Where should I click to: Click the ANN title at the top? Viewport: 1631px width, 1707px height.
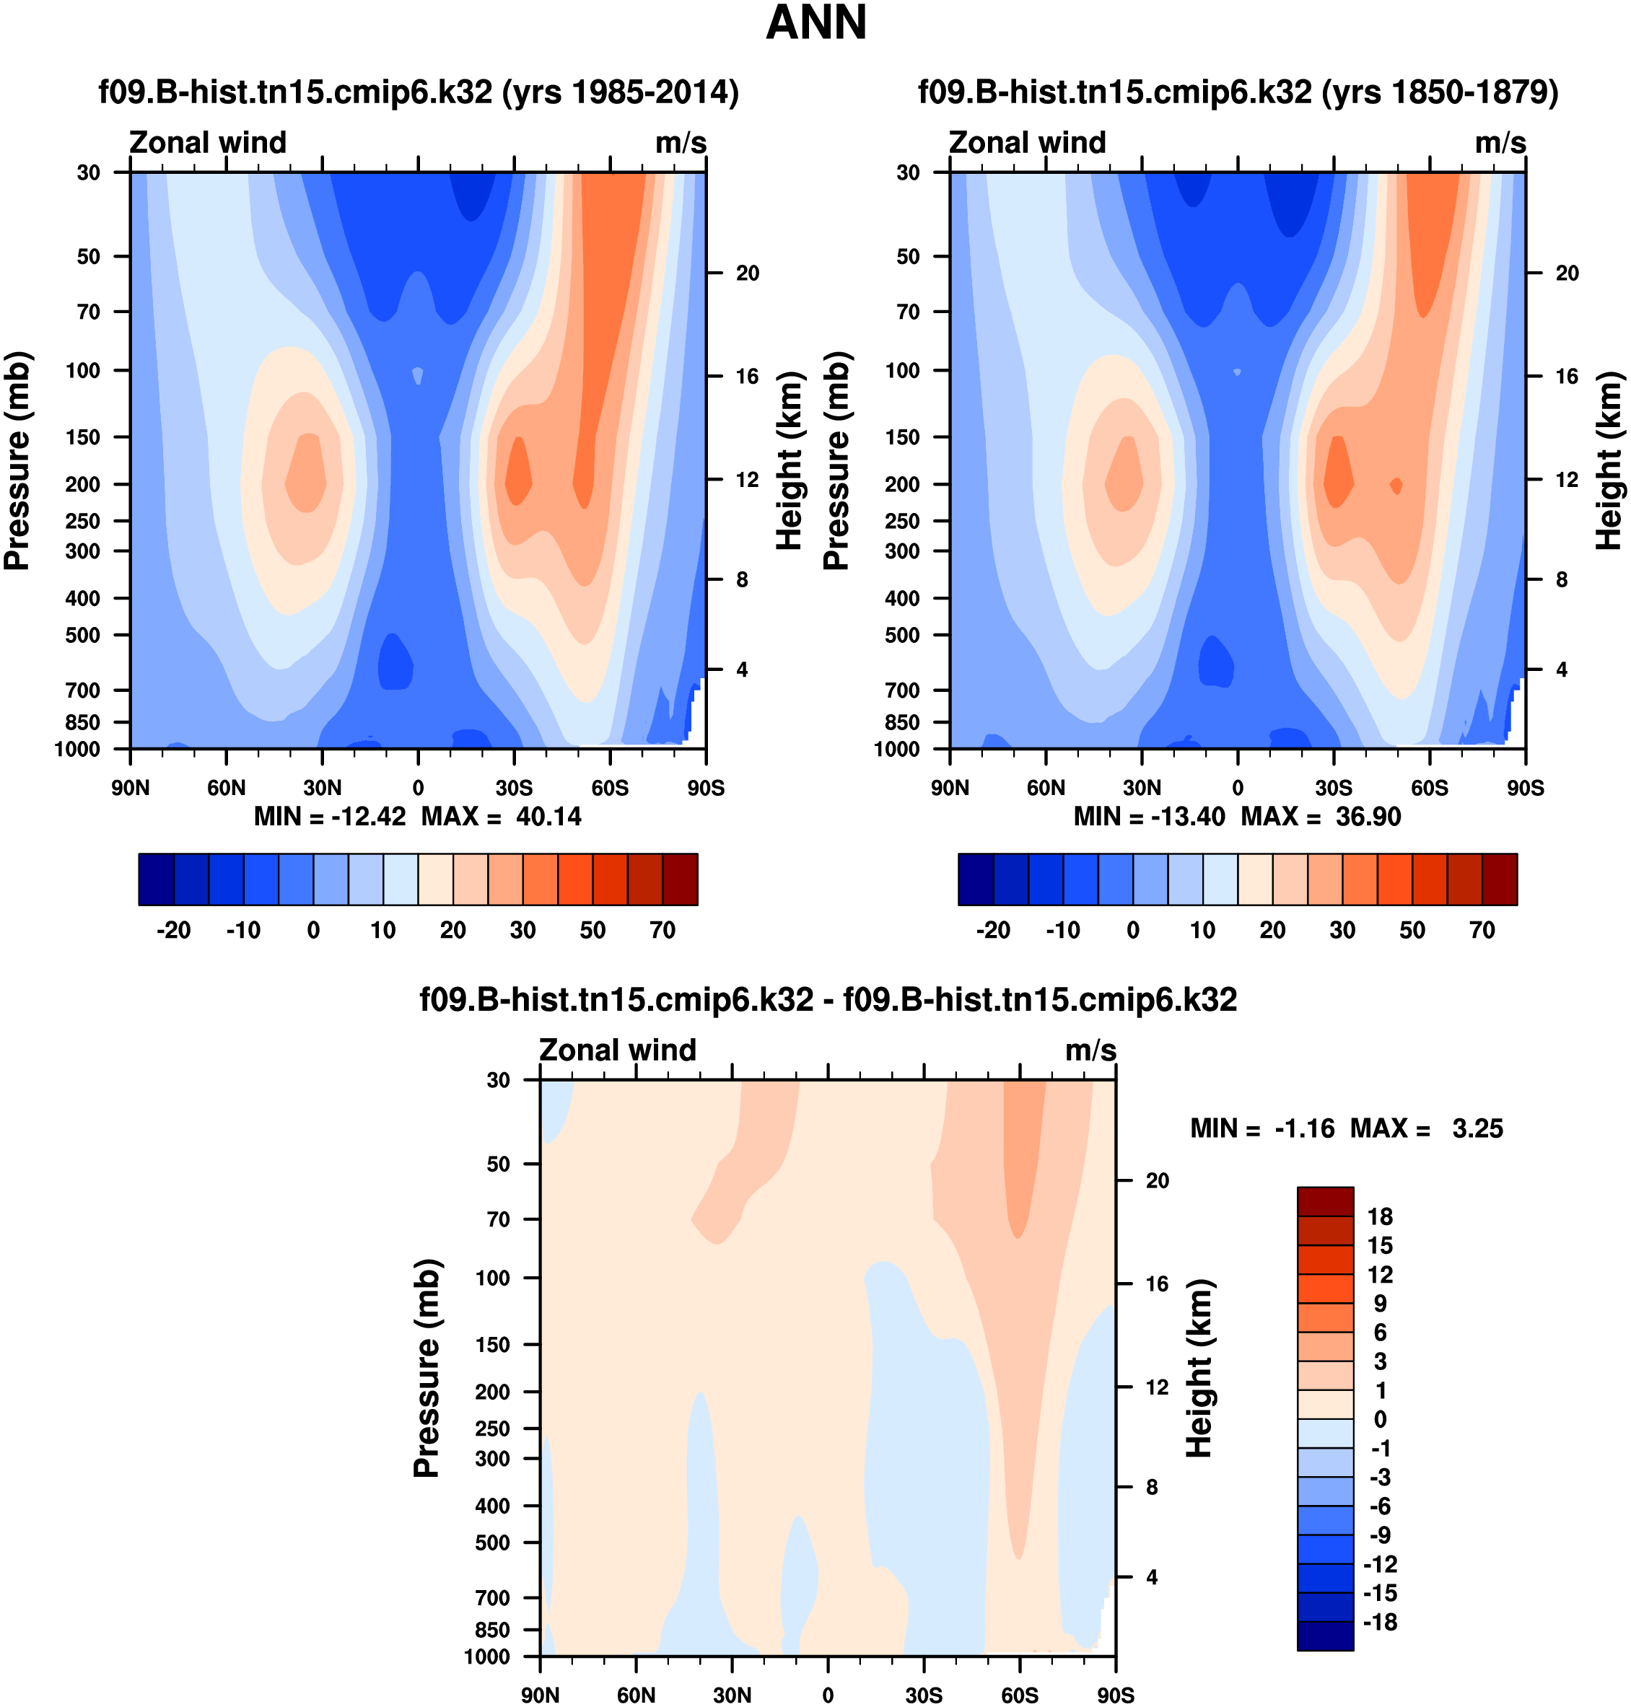pos(815,24)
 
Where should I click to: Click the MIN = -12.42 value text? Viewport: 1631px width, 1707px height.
pos(330,817)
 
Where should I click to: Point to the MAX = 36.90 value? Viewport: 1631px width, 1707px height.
pos(1321,817)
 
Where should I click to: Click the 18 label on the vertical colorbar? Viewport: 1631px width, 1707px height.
pos(1380,1217)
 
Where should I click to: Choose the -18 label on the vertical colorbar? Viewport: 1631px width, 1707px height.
pos(1380,1623)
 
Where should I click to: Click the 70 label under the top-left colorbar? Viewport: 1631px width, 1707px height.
pos(663,931)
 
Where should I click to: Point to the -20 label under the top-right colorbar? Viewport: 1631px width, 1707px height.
pos(993,931)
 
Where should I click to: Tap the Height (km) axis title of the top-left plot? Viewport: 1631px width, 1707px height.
pos(789,460)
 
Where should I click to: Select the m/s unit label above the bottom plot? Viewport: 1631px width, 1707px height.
pos(1090,1050)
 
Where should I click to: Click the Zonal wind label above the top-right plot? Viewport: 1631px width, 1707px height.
pos(1027,143)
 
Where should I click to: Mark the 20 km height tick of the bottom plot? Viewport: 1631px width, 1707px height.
pos(1157,1180)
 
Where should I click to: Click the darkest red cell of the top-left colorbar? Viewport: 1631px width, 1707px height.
pos(680,879)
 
